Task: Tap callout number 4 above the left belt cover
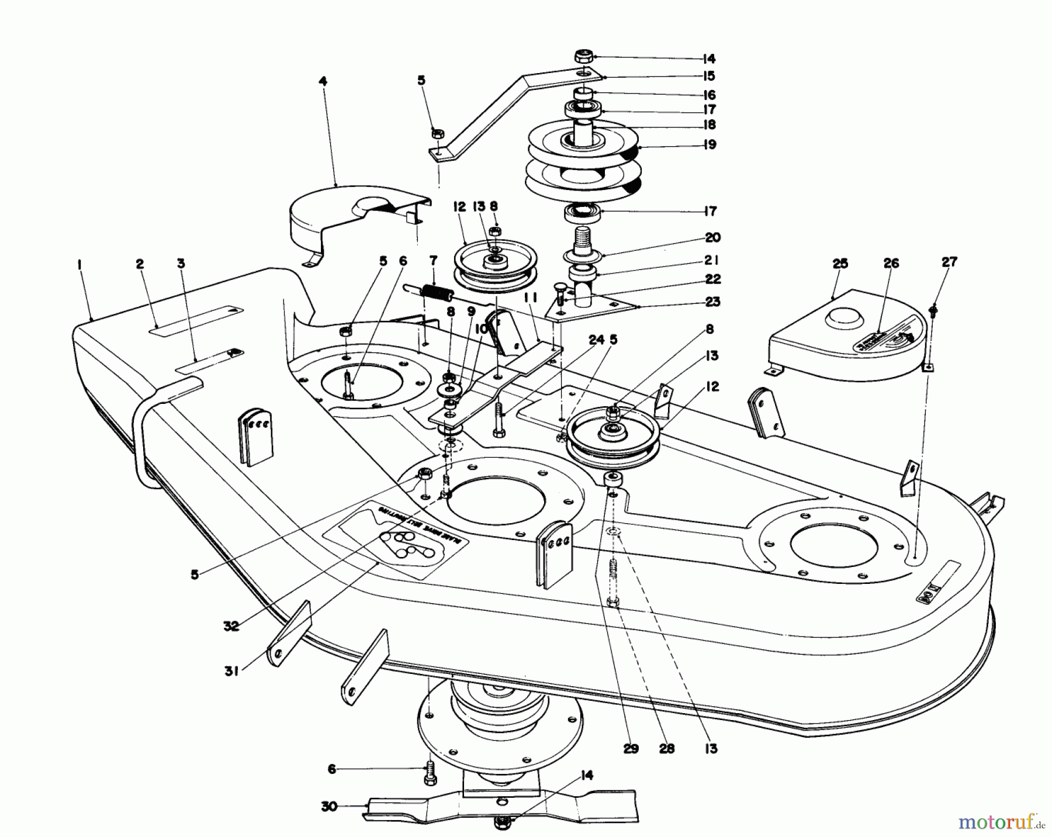coord(323,81)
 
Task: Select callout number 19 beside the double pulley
coord(710,144)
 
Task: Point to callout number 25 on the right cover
coord(840,264)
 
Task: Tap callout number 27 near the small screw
coord(950,262)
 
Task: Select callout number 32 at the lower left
coord(231,625)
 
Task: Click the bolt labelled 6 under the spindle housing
coord(430,772)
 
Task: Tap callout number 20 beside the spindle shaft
coord(712,237)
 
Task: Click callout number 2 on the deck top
coord(140,264)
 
